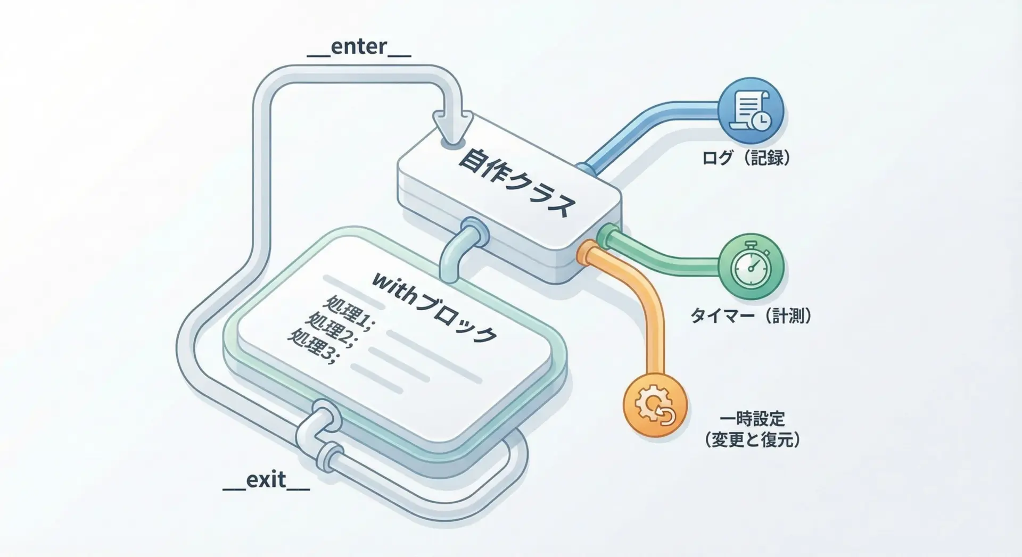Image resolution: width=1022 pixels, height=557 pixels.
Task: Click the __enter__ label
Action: [x=359, y=47]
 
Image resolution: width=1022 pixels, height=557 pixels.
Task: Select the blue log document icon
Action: [x=751, y=111]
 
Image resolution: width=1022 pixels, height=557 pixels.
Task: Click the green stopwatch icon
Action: [x=751, y=267]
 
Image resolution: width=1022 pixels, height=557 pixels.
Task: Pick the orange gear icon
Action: [x=655, y=405]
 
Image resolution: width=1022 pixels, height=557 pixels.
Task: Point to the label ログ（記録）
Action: [x=746, y=158]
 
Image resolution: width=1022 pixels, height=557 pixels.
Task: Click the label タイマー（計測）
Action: [x=751, y=316]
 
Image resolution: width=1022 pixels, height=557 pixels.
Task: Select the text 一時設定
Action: [x=752, y=419]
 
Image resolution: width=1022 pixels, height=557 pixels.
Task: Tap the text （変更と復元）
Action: [x=752, y=440]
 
